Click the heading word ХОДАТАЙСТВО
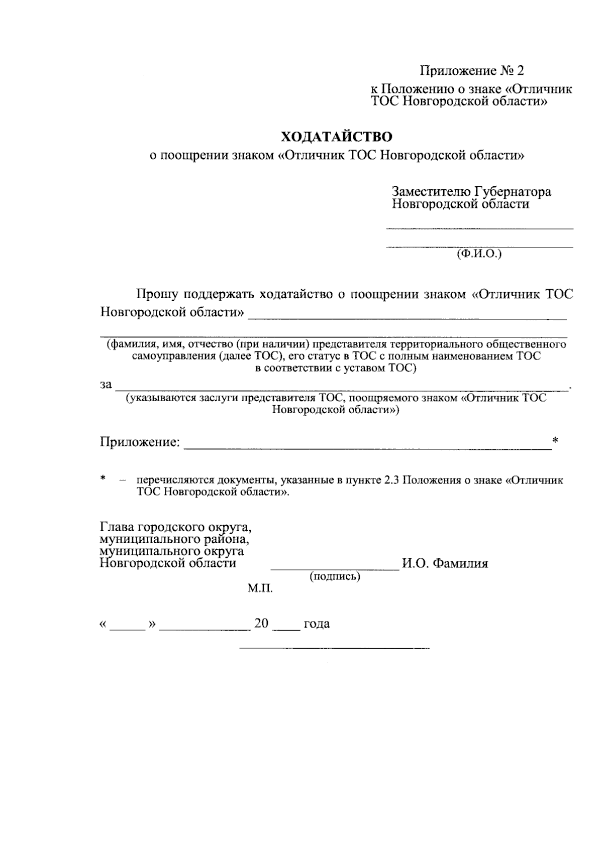coord(336,137)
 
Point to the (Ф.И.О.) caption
coord(479,254)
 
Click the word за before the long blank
coord(106,385)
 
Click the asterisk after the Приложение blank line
coord(555,440)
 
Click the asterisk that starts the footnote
coord(103,478)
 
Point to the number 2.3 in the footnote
coord(391,480)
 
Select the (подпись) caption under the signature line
coord(335,576)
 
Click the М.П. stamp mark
coord(260,588)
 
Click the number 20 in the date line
coord(261,624)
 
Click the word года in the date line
coord(317,624)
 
